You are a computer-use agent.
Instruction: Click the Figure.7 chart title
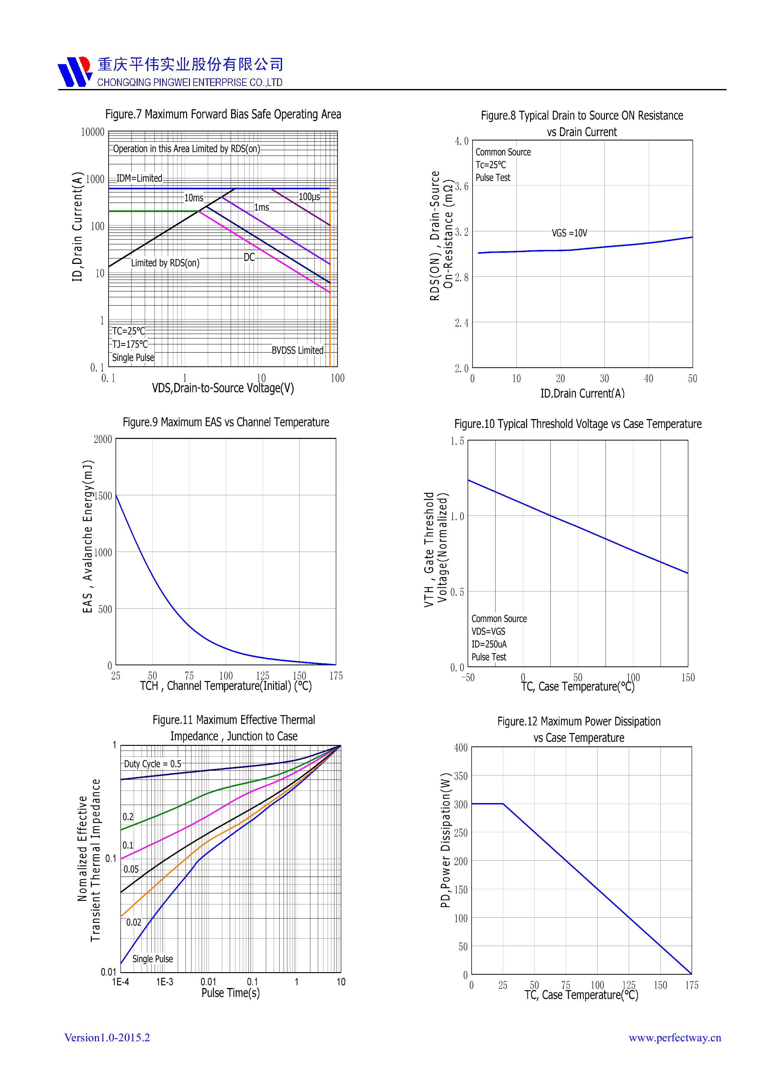click(223, 114)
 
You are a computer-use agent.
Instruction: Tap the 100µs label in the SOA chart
click(309, 197)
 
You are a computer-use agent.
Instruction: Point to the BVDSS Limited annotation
click(297, 351)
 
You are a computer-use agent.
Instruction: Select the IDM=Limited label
click(139, 178)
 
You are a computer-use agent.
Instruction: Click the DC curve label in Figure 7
click(249, 257)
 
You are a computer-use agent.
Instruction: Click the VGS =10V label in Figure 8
click(569, 233)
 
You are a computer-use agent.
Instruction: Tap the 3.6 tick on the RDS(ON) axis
click(461, 186)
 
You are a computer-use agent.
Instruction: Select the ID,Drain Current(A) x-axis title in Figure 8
click(582, 393)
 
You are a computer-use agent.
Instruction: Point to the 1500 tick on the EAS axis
click(103, 496)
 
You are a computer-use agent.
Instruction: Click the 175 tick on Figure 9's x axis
click(336, 676)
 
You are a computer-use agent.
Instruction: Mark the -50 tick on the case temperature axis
click(468, 678)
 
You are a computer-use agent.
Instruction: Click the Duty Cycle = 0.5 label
click(153, 764)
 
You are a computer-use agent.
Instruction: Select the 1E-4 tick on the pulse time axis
click(120, 982)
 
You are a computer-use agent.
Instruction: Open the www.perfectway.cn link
click(675, 1038)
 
